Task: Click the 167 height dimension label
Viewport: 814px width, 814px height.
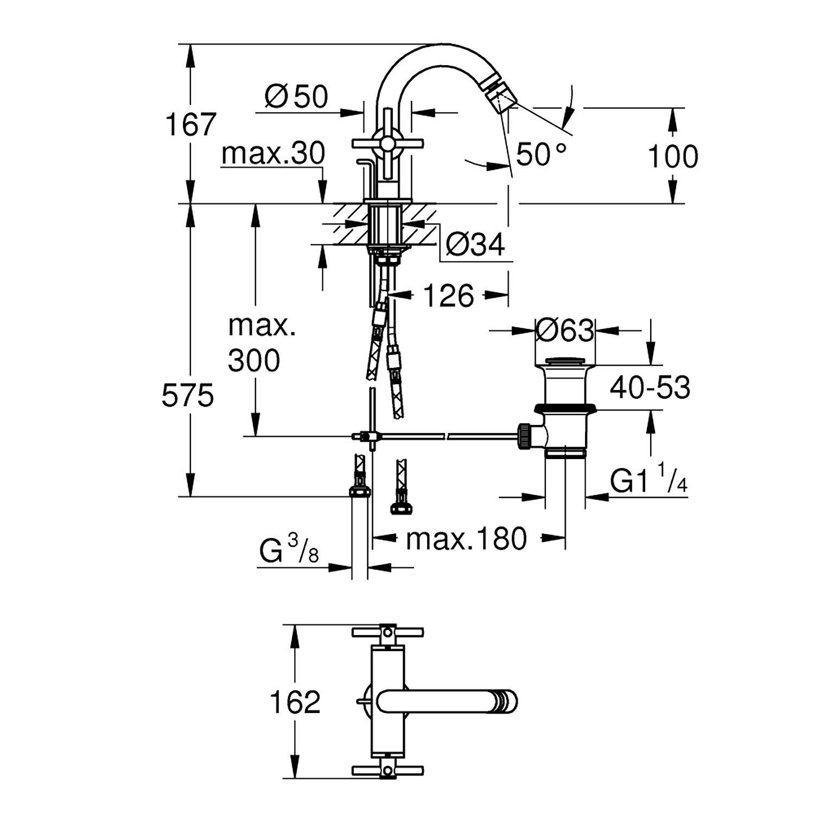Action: [190, 125]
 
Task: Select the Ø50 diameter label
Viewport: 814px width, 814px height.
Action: [296, 97]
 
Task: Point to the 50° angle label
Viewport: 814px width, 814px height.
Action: [540, 154]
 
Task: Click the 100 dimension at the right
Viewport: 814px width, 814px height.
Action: [673, 157]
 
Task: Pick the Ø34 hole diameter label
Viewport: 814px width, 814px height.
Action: [475, 245]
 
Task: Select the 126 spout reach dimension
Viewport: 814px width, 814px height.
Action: [448, 296]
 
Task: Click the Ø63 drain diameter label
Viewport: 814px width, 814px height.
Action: [564, 330]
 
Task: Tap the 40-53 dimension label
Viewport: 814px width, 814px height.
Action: [650, 387]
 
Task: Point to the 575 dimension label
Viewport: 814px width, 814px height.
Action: [188, 396]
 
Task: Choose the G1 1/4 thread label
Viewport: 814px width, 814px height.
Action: [649, 480]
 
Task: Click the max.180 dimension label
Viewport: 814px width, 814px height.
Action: [466, 539]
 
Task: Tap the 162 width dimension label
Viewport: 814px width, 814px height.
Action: [295, 702]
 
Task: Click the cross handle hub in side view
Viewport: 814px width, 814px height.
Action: [387, 143]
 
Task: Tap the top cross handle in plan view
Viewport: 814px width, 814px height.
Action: [387, 633]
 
